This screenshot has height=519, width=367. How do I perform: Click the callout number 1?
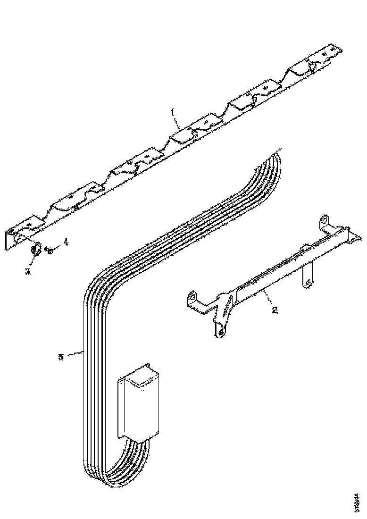click(173, 112)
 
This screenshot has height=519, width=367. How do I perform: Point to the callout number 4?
click(66, 242)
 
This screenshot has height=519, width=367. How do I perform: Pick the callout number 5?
click(60, 356)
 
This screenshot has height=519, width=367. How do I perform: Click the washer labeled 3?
click(35, 249)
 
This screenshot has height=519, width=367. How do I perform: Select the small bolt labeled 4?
click(50, 249)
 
